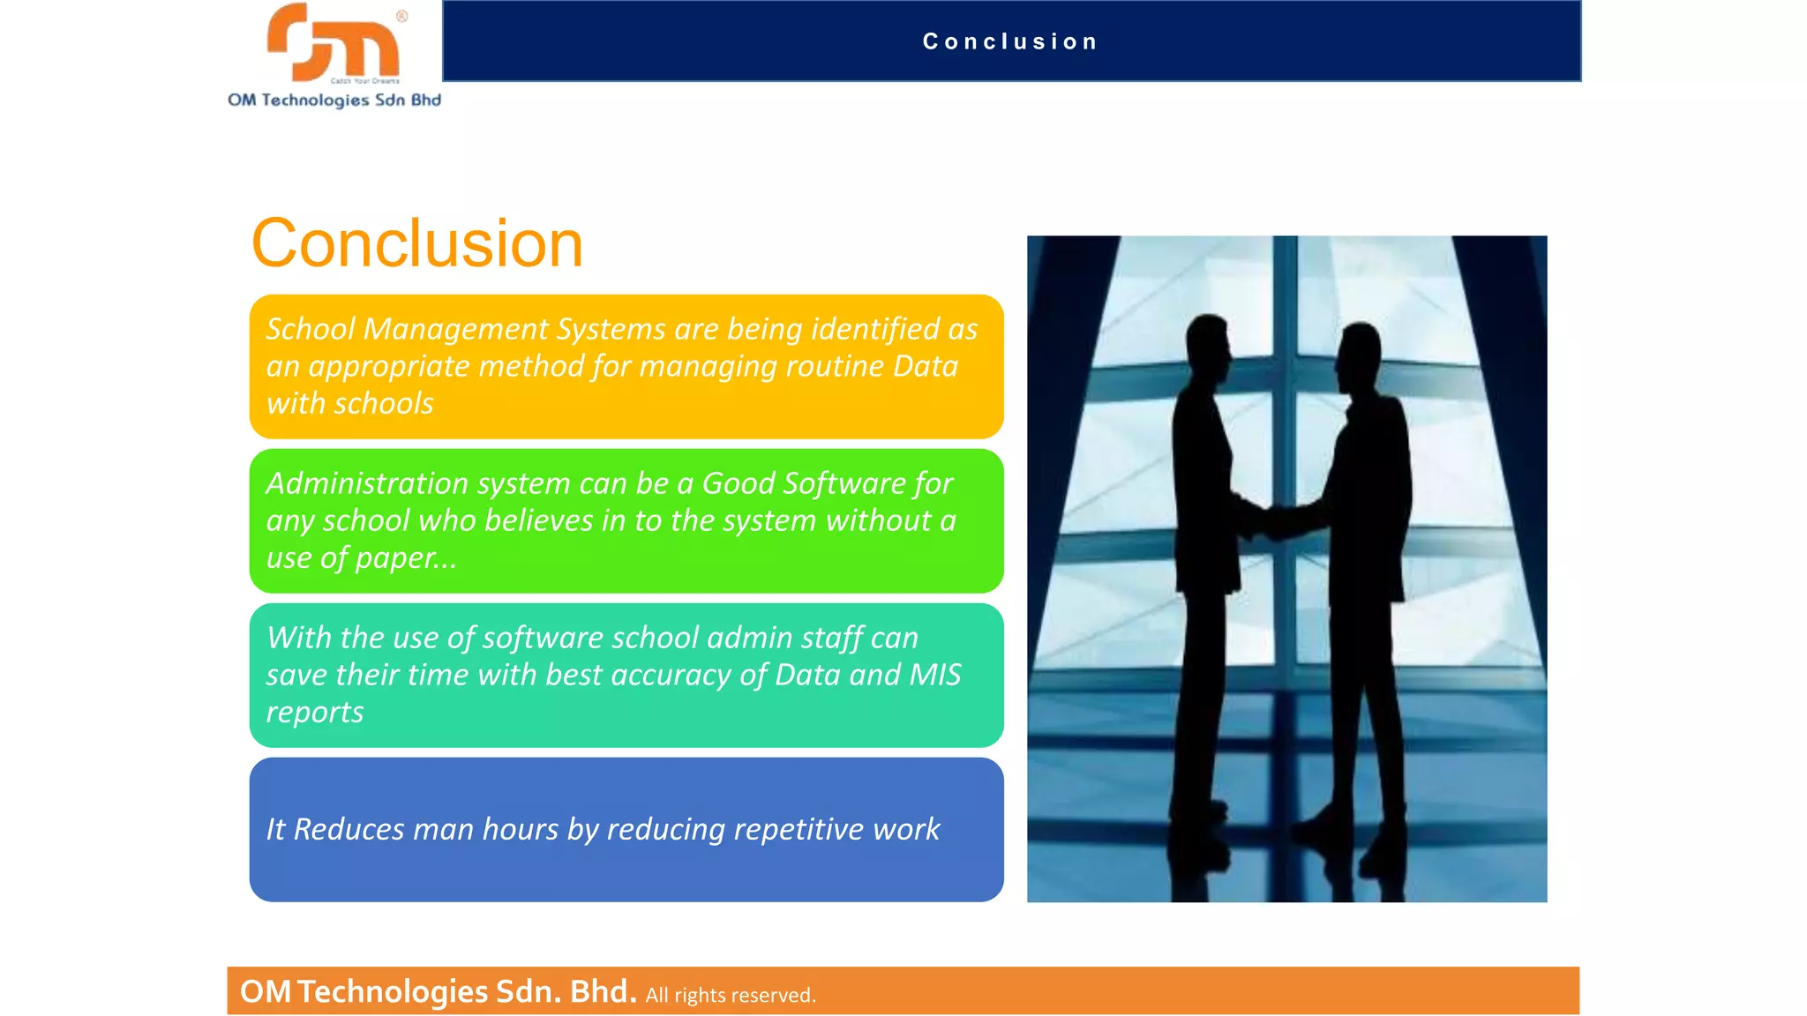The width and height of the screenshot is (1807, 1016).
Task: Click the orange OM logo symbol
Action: [333, 42]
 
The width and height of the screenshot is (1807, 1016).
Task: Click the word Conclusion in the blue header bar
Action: [1010, 41]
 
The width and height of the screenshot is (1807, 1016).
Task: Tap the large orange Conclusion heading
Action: [416, 243]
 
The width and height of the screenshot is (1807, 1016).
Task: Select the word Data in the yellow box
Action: [925, 366]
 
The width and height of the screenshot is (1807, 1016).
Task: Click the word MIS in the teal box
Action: [935, 675]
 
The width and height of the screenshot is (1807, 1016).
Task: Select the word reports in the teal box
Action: [315, 713]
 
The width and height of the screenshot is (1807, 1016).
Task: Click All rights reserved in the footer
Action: [731, 995]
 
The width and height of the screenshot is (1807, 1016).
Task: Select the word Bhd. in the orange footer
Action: [603, 991]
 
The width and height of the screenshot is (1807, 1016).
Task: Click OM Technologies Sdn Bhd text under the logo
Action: [334, 101]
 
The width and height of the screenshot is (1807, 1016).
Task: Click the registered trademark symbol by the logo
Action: [401, 16]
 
